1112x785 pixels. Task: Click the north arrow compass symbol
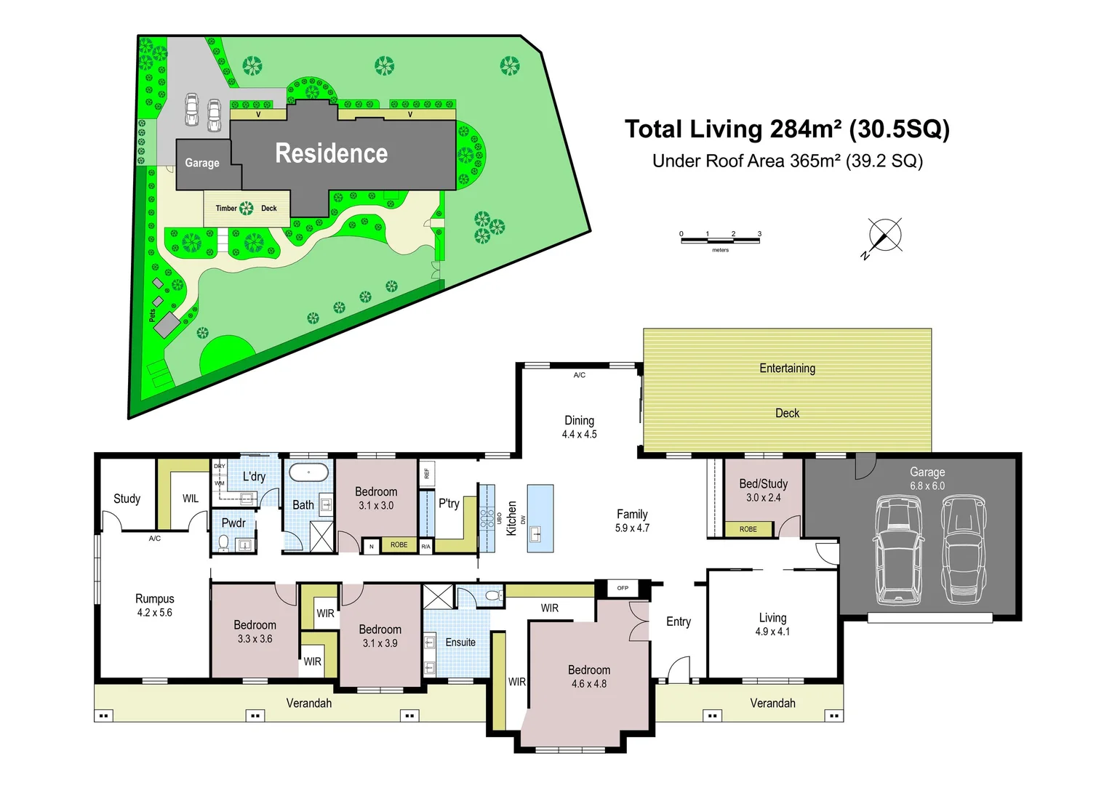pyautogui.click(x=884, y=237)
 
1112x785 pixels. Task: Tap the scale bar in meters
pyautogui.click(x=720, y=241)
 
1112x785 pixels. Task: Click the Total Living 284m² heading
pyautogui.click(x=787, y=129)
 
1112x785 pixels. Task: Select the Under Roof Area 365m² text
pyautogui.click(x=788, y=161)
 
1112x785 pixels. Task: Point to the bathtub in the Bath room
pyautogui.click(x=308, y=472)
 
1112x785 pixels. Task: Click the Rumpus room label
pyautogui.click(x=155, y=605)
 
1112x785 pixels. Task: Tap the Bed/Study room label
pyautogui.click(x=764, y=490)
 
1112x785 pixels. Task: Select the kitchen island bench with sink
pyautogui.click(x=540, y=518)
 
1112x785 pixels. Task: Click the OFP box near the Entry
pyautogui.click(x=623, y=588)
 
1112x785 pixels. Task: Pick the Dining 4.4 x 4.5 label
pyautogui.click(x=580, y=427)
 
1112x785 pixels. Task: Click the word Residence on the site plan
pyautogui.click(x=331, y=153)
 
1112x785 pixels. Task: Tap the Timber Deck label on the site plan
pyautogui.click(x=247, y=209)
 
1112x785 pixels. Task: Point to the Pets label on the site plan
pyautogui.click(x=153, y=315)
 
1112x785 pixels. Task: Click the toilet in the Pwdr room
pyautogui.click(x=223, y=542)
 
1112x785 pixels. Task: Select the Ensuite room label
pyautogui.click(x=460, y=642)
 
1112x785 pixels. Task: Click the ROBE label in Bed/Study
pyautogui.click(x=748, y=529)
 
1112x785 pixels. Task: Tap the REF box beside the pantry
pyautogui.click(x=427, y=473)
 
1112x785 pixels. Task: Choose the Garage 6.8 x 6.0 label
pyautogui.click(x=927, y=479)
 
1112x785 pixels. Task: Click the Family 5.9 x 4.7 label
pyautogui.click(x=632, y=521)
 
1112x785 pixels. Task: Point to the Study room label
pyautogui.click(x=127, y=499)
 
